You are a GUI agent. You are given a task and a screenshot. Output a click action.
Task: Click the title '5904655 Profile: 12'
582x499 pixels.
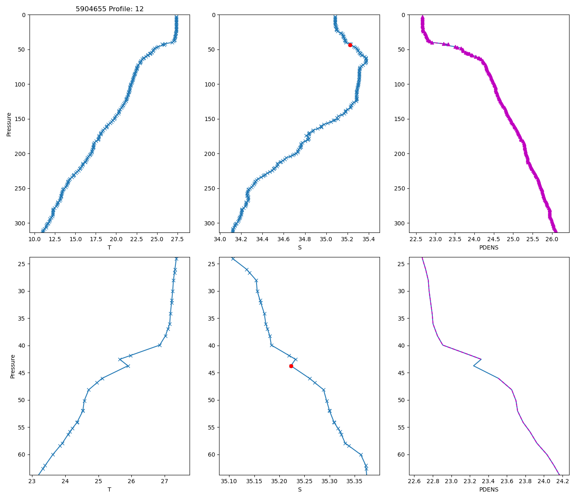pyautogui.click(x=110, y=9)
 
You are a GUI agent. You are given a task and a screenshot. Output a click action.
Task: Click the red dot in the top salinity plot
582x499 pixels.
pyautogui.click(x=350, y=45)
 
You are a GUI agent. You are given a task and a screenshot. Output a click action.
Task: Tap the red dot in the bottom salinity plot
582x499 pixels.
pyautogui.click(x=291, y=366)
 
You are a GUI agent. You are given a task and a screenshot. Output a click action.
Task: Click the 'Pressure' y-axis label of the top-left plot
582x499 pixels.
pyautogui.click(x=9, y=124)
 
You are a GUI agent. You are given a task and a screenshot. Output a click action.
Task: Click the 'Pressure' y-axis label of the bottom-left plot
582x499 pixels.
pyautogui.click(x=12, y=366)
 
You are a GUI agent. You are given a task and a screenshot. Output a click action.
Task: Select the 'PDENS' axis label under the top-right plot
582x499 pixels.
pyautogui.click(x=489, y=247)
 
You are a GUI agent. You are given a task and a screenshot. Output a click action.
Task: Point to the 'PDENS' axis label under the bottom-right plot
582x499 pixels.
pyautogui.click(x=489, y=489)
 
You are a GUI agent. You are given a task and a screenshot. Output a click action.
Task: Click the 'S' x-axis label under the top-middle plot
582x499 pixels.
pyautogui.click(x=299, y=247)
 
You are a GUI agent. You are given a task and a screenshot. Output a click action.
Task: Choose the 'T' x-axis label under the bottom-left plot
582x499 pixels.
pyautogui.click(x=109, y=489)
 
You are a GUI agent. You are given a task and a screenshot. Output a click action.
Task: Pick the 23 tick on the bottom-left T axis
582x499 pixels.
pyautogui.click(x=32, y=482)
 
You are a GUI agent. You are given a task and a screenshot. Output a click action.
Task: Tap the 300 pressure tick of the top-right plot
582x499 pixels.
pyautogui.click(x=402, y=223)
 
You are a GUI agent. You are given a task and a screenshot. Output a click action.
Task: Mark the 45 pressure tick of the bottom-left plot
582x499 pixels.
pyautogui.click(x=22, y=373)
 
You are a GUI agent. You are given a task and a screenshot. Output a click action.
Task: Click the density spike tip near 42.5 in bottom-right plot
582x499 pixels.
pyautogui.click(x=481, y=359)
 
